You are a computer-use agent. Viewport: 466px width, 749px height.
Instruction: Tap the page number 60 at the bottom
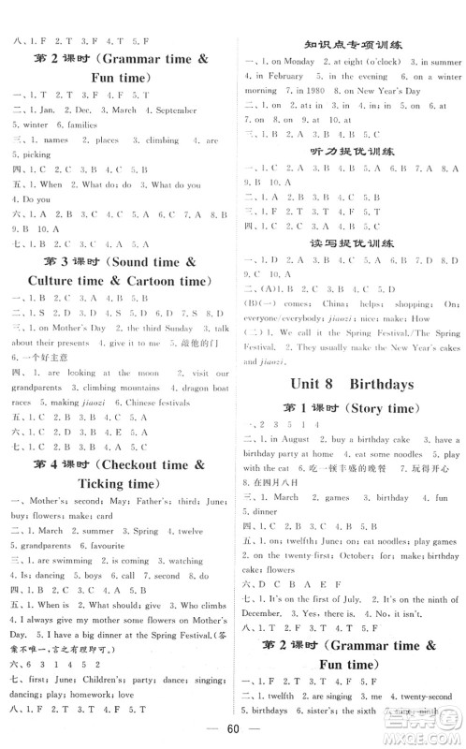[x=232, y=728]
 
